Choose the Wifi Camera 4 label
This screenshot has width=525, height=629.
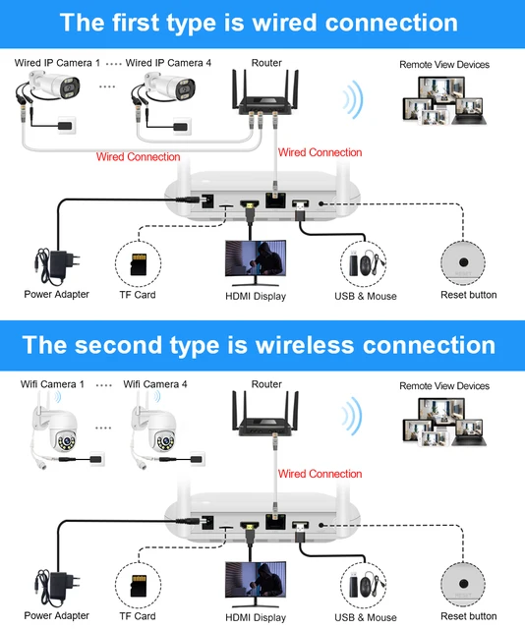(x=155, y=385)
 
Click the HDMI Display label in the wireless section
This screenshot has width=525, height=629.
(x=256, y=616)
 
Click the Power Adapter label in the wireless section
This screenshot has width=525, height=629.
(x=56, y=616)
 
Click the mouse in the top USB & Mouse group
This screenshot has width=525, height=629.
(x=368, y=264)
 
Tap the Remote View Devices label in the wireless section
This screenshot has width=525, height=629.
(x=443, y=386)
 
